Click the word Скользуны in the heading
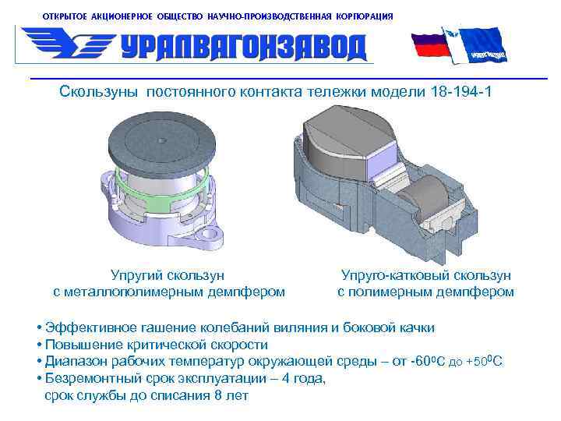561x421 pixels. point(98,93)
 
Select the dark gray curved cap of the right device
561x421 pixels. point(343,136)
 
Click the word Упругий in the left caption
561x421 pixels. point(139,275)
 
